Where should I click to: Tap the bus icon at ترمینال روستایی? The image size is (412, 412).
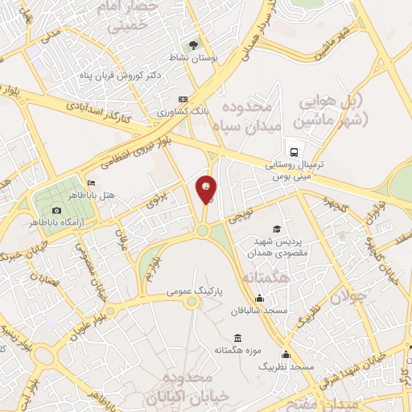(x=294, y=150)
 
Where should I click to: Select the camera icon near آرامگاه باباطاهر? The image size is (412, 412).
(x=56, y=210)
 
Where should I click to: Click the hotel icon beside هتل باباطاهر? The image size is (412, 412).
(x=90, y=183)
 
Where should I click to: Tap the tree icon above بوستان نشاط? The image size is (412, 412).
(x=192, y=45)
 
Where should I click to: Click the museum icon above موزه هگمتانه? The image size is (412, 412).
(x=237, y=338)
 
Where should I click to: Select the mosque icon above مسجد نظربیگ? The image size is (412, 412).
(x=284, y=355)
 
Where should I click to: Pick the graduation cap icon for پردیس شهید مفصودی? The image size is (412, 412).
(x=278, y=230)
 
